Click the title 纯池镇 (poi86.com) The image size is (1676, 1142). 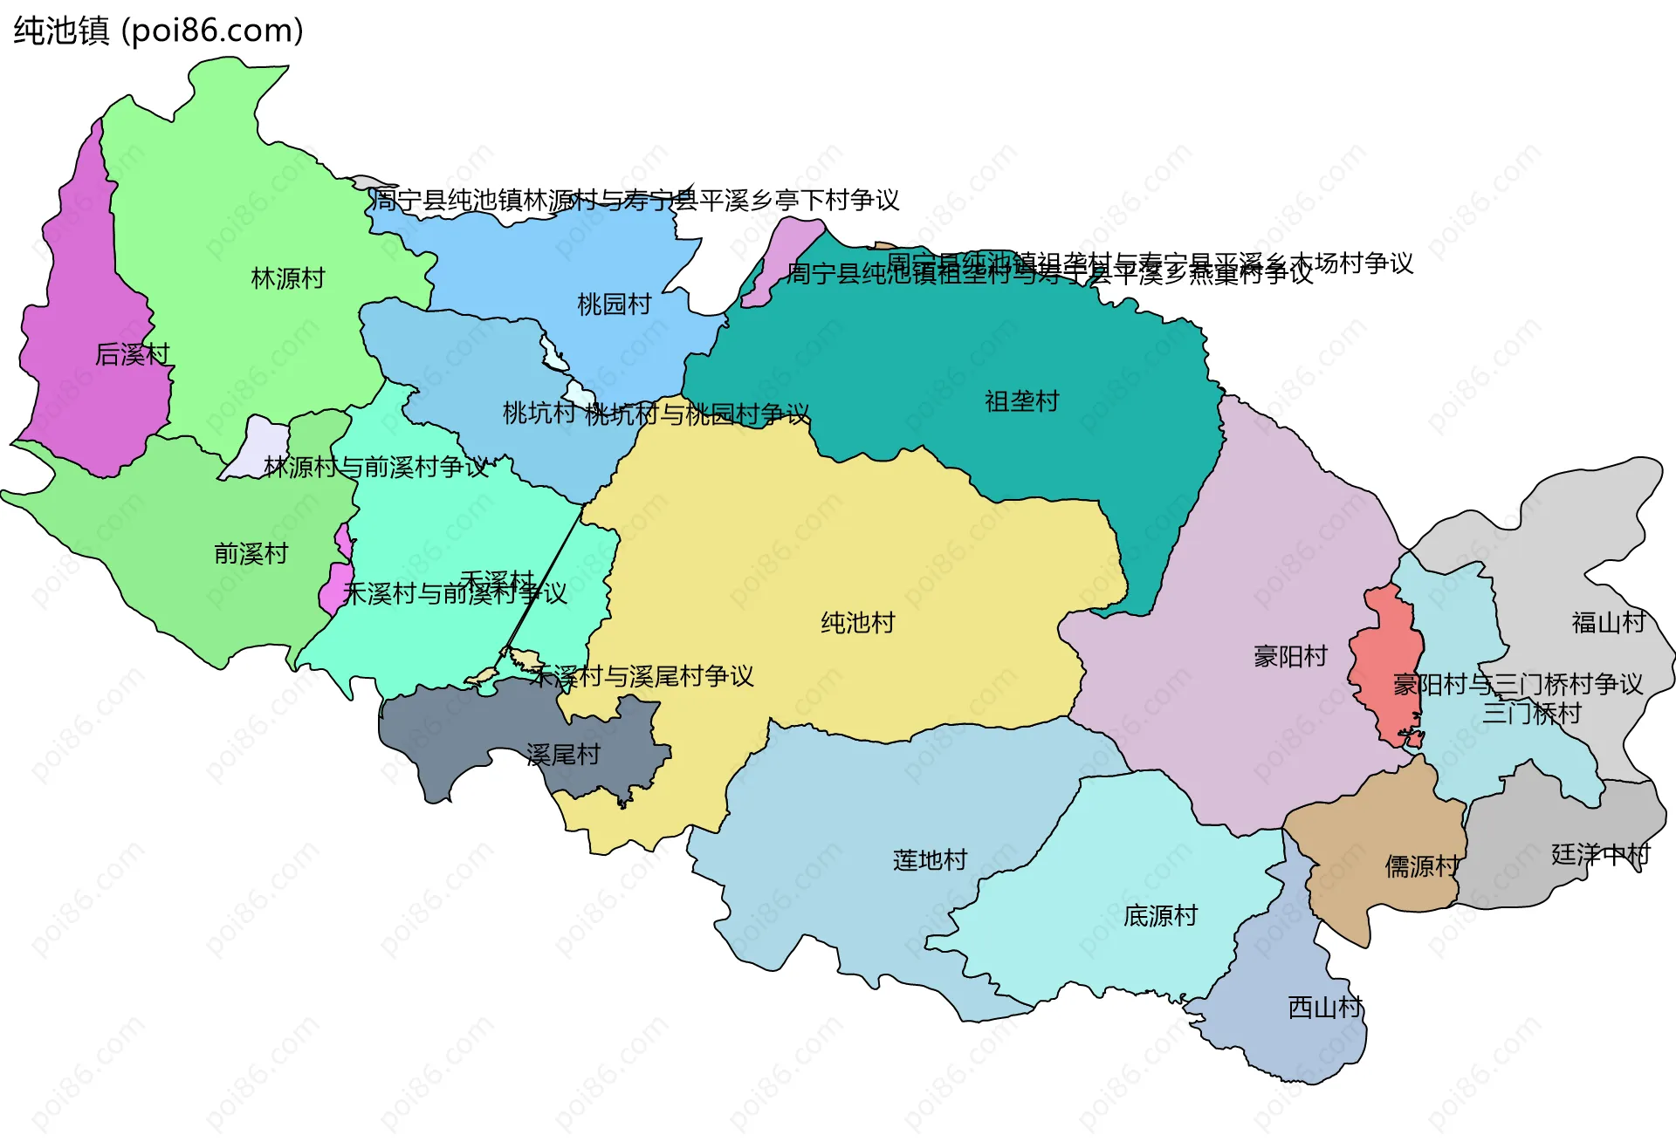pos(158,31)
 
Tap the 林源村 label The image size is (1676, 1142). pos(287,278)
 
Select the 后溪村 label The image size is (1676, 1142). pos(132,354)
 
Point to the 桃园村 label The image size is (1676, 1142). pos(614,304)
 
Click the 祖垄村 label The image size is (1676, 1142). pos(1021,401)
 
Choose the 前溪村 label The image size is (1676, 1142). pos(251,554)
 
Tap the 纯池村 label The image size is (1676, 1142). pos(857,623)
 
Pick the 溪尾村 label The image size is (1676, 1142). pos(563,755)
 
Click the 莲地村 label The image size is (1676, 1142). pos(930,860)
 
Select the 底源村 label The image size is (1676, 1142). pos(1160,916)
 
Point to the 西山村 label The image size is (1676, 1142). pos(1324,1008)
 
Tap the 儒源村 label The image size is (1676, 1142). pos(1421,866)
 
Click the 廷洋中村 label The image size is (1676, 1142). pos(1600,854)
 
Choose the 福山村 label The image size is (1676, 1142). pos(1608,622)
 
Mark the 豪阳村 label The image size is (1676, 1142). pos(1290,656)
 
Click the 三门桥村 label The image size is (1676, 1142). pos(1531,714)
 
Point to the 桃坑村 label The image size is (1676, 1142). pos(539,413)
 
